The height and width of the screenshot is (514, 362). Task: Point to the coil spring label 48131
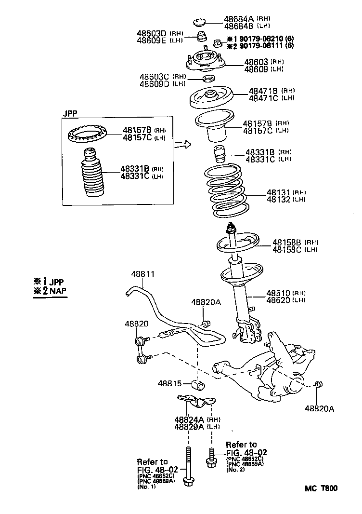(x=279, y=192)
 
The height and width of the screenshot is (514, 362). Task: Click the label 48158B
(x=287, y=242)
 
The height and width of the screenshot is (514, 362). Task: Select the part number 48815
(x=169, y=384)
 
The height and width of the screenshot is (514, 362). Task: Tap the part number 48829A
(x=190, y=427)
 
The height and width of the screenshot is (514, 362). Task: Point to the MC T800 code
(x=321, y=488)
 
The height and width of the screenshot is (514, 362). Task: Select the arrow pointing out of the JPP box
(x=182, y=144)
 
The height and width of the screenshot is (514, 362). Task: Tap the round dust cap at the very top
(x=200, y=22)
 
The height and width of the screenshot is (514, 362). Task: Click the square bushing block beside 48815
(x=198, y=385)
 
